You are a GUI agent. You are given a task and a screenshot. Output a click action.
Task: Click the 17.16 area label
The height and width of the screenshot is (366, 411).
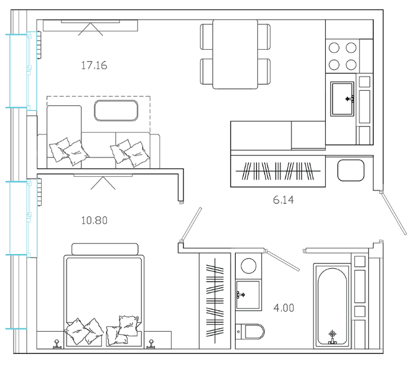tap(94, 65)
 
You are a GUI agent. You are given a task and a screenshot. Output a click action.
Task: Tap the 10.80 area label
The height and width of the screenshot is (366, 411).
tap(95, 220)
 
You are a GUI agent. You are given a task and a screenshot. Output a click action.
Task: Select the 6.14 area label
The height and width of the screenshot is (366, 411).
tap(284, 200)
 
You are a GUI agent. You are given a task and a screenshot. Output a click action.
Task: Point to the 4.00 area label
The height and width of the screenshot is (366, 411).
tap(284, 307)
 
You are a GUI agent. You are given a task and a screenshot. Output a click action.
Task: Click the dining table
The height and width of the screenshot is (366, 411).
tap(235, 54)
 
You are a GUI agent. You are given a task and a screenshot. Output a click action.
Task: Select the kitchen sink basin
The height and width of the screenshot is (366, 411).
tap(343, 99)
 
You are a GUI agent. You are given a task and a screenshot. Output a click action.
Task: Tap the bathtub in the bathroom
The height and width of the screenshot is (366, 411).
tap(332, 306)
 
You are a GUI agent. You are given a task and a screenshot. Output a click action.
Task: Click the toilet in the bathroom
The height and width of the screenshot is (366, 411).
tap(250, 332)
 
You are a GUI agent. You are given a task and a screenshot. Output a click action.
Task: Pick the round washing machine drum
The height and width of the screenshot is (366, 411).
tap(249, 266)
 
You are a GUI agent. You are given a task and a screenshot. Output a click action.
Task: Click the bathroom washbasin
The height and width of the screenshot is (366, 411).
tap(248, 295)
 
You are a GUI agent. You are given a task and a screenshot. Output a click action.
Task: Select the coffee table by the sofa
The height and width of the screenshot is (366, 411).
tap(116, 110)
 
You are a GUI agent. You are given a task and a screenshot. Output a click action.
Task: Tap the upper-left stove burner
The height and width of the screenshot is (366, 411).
tap(334, 48)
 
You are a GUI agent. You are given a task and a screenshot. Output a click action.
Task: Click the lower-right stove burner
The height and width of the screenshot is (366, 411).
tap(351, 65)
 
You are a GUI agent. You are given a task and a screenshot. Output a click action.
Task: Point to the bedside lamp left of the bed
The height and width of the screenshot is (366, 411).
tap(57, 344)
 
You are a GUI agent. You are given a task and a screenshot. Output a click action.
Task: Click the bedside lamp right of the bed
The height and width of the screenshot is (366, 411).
tap(150, 344)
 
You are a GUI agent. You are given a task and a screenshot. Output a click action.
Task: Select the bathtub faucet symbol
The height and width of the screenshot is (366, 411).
tap(333, 337)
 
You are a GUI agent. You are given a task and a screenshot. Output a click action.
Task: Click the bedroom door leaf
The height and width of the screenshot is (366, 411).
tap(191, 225)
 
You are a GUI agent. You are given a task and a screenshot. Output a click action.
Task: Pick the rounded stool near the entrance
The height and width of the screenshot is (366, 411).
tap(351, 171)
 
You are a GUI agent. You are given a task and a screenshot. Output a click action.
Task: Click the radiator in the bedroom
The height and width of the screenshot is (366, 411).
tap(39, 192)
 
